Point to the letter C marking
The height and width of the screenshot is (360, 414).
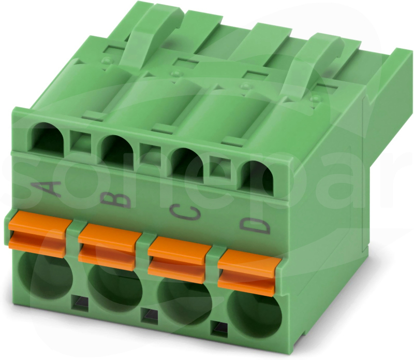tap(185, 212)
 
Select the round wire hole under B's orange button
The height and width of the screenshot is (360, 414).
tap(115, 287)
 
